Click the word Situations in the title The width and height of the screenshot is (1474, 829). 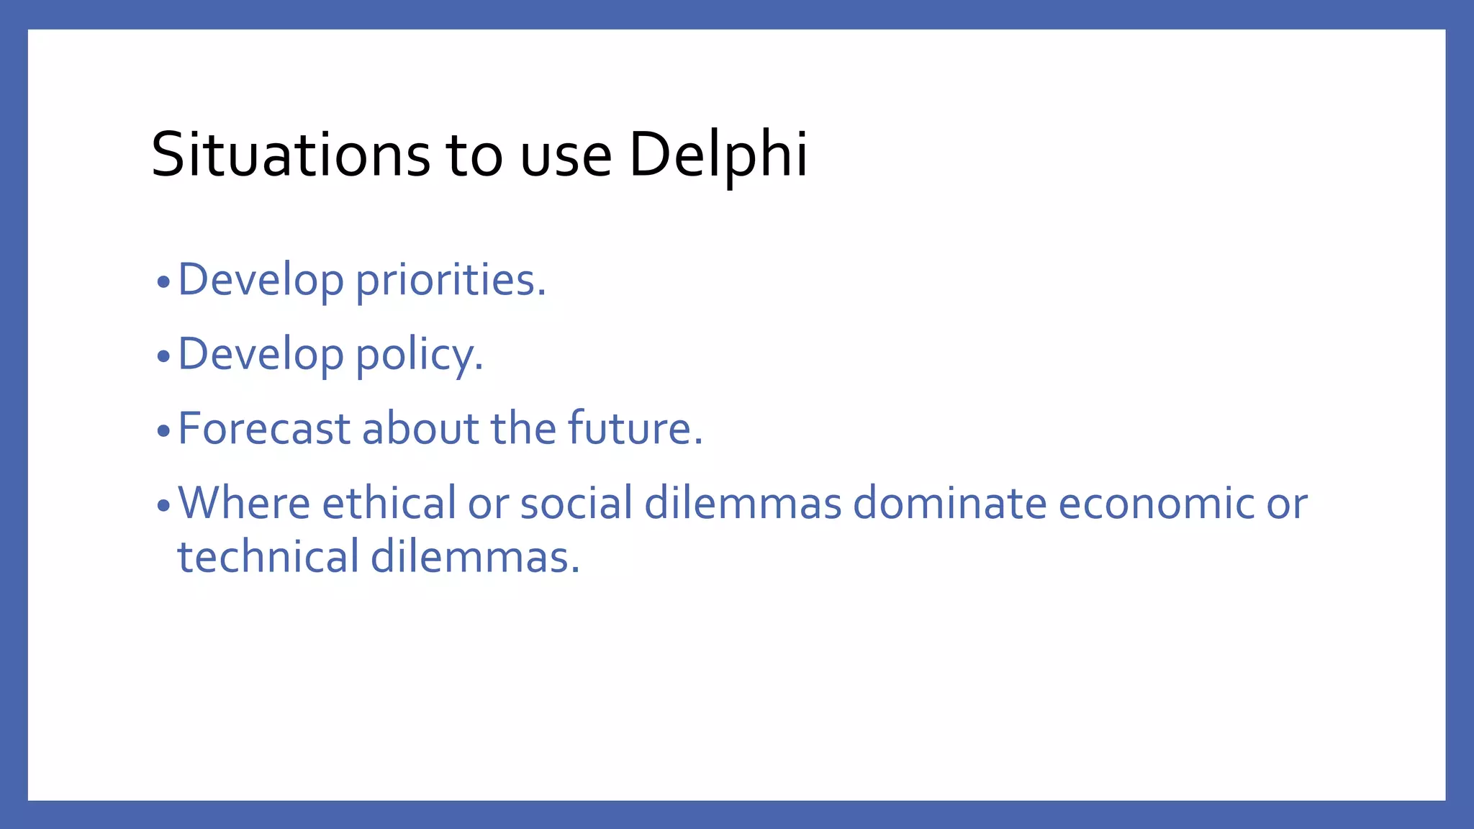click(291, 155)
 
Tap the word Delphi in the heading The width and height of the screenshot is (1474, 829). click(718, 155)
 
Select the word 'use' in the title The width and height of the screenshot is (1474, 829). click(566, 157)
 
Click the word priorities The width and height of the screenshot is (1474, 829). click(451, 280)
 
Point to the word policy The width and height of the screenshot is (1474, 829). click(419, 355)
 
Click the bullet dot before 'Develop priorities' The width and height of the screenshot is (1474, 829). click(163, 282)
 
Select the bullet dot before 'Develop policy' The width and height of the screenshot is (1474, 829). click(163, 356)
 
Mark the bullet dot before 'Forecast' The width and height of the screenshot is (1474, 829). click(163, 431)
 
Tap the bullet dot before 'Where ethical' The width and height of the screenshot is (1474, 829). click(163, 505)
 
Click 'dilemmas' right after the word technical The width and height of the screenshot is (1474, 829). click(475, 557)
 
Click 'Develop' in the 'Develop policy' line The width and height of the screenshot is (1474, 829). click(261, 355)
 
